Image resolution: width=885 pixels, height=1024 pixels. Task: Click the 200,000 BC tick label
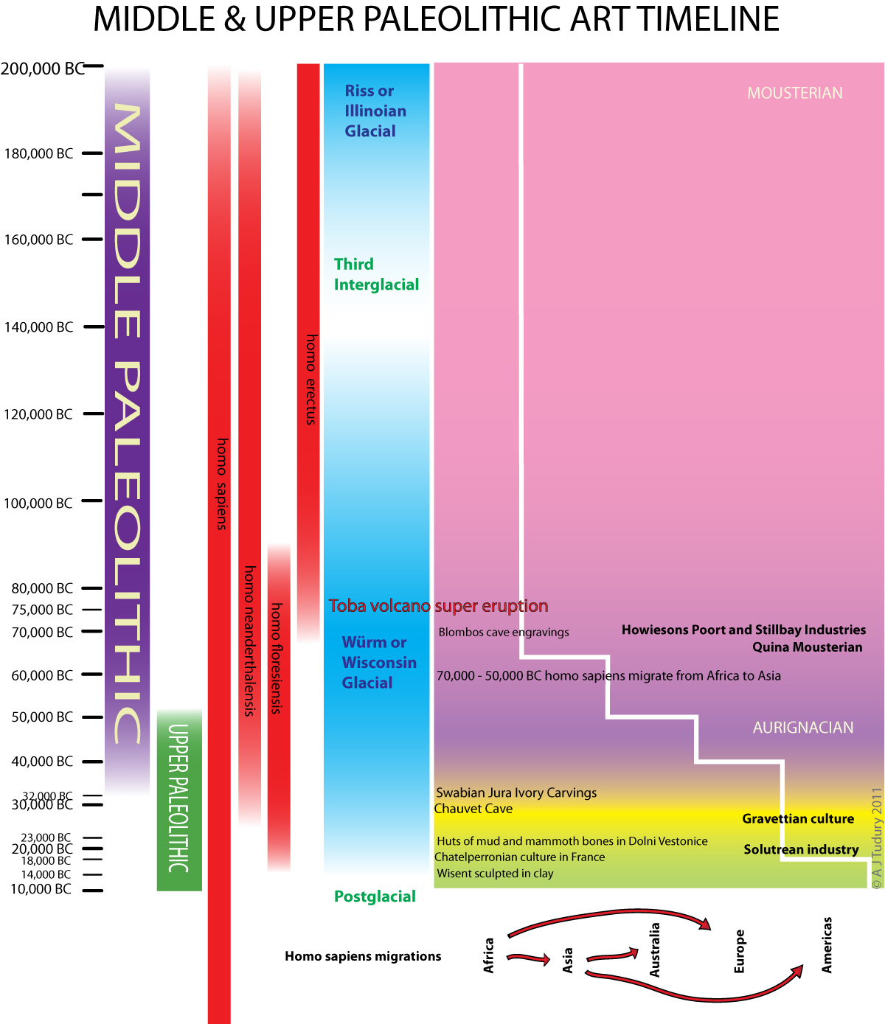[x=42, y=69]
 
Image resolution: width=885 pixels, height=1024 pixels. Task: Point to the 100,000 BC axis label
[x=38, y=504]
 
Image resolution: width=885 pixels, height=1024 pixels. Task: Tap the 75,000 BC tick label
[x=42, y=610]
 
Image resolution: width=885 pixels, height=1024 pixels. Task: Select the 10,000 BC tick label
[x=41, y=889]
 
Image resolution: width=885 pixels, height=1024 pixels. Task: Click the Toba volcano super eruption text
[x=438, y=606]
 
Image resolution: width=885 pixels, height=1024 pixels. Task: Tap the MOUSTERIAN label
[x=794, y=93]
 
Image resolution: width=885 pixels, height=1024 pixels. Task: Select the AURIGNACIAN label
[x=802, y=728]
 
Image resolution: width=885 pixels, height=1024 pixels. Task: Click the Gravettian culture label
[x=797, y=819]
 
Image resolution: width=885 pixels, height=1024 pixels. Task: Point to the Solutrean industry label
[x=801, y=850]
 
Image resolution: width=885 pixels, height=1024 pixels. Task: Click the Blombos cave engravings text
[x=504, y=633]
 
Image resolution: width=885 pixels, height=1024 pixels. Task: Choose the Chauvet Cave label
[x=473, y=809]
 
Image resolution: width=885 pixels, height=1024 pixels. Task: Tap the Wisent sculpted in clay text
[x=495, y=874]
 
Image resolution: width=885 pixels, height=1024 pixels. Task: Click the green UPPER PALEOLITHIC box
[x=179, y=800]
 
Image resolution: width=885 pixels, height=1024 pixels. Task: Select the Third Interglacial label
[x=376, y=274]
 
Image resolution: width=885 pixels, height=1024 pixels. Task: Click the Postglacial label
[x=375, y=896]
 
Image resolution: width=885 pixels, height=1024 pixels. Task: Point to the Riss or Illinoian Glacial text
[x=375, y=111]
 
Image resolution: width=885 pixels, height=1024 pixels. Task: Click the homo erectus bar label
[x=310, y=380]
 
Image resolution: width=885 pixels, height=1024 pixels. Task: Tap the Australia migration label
[x=654, y=950]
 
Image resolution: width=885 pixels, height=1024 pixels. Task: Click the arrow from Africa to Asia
[x=529, y=958]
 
